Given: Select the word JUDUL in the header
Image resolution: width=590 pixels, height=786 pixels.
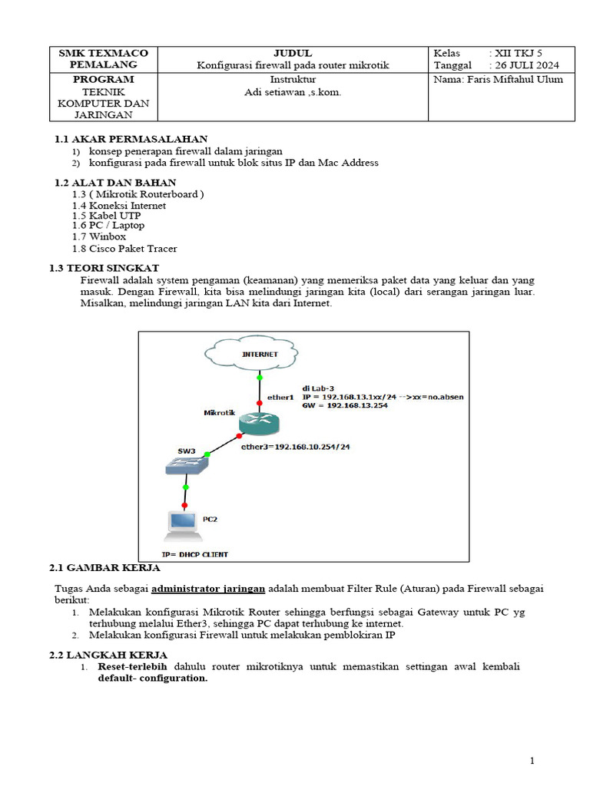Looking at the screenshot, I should pos(293,53).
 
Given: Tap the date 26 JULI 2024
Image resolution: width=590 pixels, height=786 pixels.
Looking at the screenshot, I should pos(527,65).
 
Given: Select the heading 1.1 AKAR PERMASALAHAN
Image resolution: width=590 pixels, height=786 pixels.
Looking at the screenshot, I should pos(131,139).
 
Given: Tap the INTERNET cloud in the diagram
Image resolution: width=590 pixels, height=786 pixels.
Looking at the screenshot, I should pos(260,354).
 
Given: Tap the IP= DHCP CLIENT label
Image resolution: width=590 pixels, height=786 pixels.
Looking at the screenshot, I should pos(194,553).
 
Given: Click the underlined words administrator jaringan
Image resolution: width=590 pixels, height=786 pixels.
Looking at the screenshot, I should pos(208,589).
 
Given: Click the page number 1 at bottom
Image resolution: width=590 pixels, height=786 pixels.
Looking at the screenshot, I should pos(531,761).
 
